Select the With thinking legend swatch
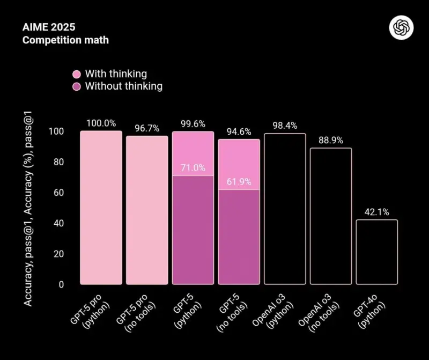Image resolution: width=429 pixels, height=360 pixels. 77,74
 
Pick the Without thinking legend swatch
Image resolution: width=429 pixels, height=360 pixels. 77,86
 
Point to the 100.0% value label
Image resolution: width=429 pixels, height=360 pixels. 101,123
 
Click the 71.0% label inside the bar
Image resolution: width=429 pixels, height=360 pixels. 193,168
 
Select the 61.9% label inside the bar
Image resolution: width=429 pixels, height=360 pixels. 239,182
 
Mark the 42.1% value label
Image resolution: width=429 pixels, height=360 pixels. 376,212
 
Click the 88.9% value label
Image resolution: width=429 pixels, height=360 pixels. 330,141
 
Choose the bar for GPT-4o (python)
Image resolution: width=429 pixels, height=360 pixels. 376,252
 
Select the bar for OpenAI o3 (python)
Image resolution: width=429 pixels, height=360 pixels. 285,209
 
